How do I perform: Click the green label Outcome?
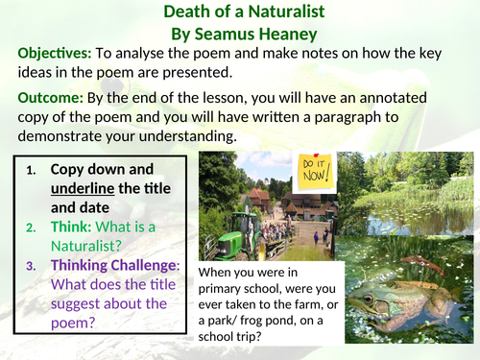click(x=48, y=97)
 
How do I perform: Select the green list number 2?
click(x=31, y=228)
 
